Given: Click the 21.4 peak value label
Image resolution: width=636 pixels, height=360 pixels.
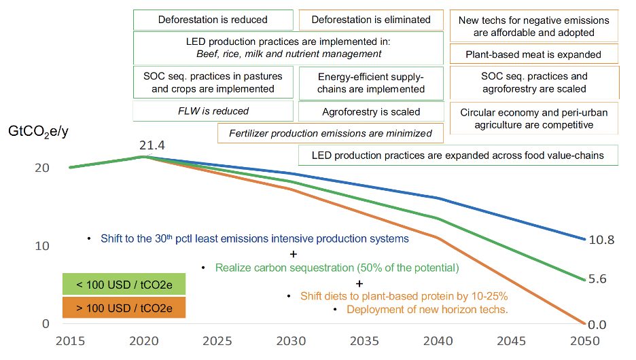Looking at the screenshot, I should [x=152, y=145].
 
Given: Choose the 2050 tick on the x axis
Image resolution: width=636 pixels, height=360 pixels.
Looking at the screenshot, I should [x=583, y=340].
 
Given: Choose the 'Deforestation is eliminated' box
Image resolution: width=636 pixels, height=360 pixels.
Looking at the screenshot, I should [x=370, y=20].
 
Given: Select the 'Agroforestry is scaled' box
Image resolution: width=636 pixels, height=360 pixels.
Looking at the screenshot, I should [x=370, y=111].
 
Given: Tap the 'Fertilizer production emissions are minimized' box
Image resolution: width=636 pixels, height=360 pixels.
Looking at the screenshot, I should [x=330, y=133].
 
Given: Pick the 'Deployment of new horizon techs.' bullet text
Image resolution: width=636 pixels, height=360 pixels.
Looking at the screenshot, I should [x=427, y=310].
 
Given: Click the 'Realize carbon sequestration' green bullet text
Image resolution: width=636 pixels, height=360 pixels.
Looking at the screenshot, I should [x=337, y=268].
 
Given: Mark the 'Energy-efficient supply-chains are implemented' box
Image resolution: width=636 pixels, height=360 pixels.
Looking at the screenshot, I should [x=370, y=83].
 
